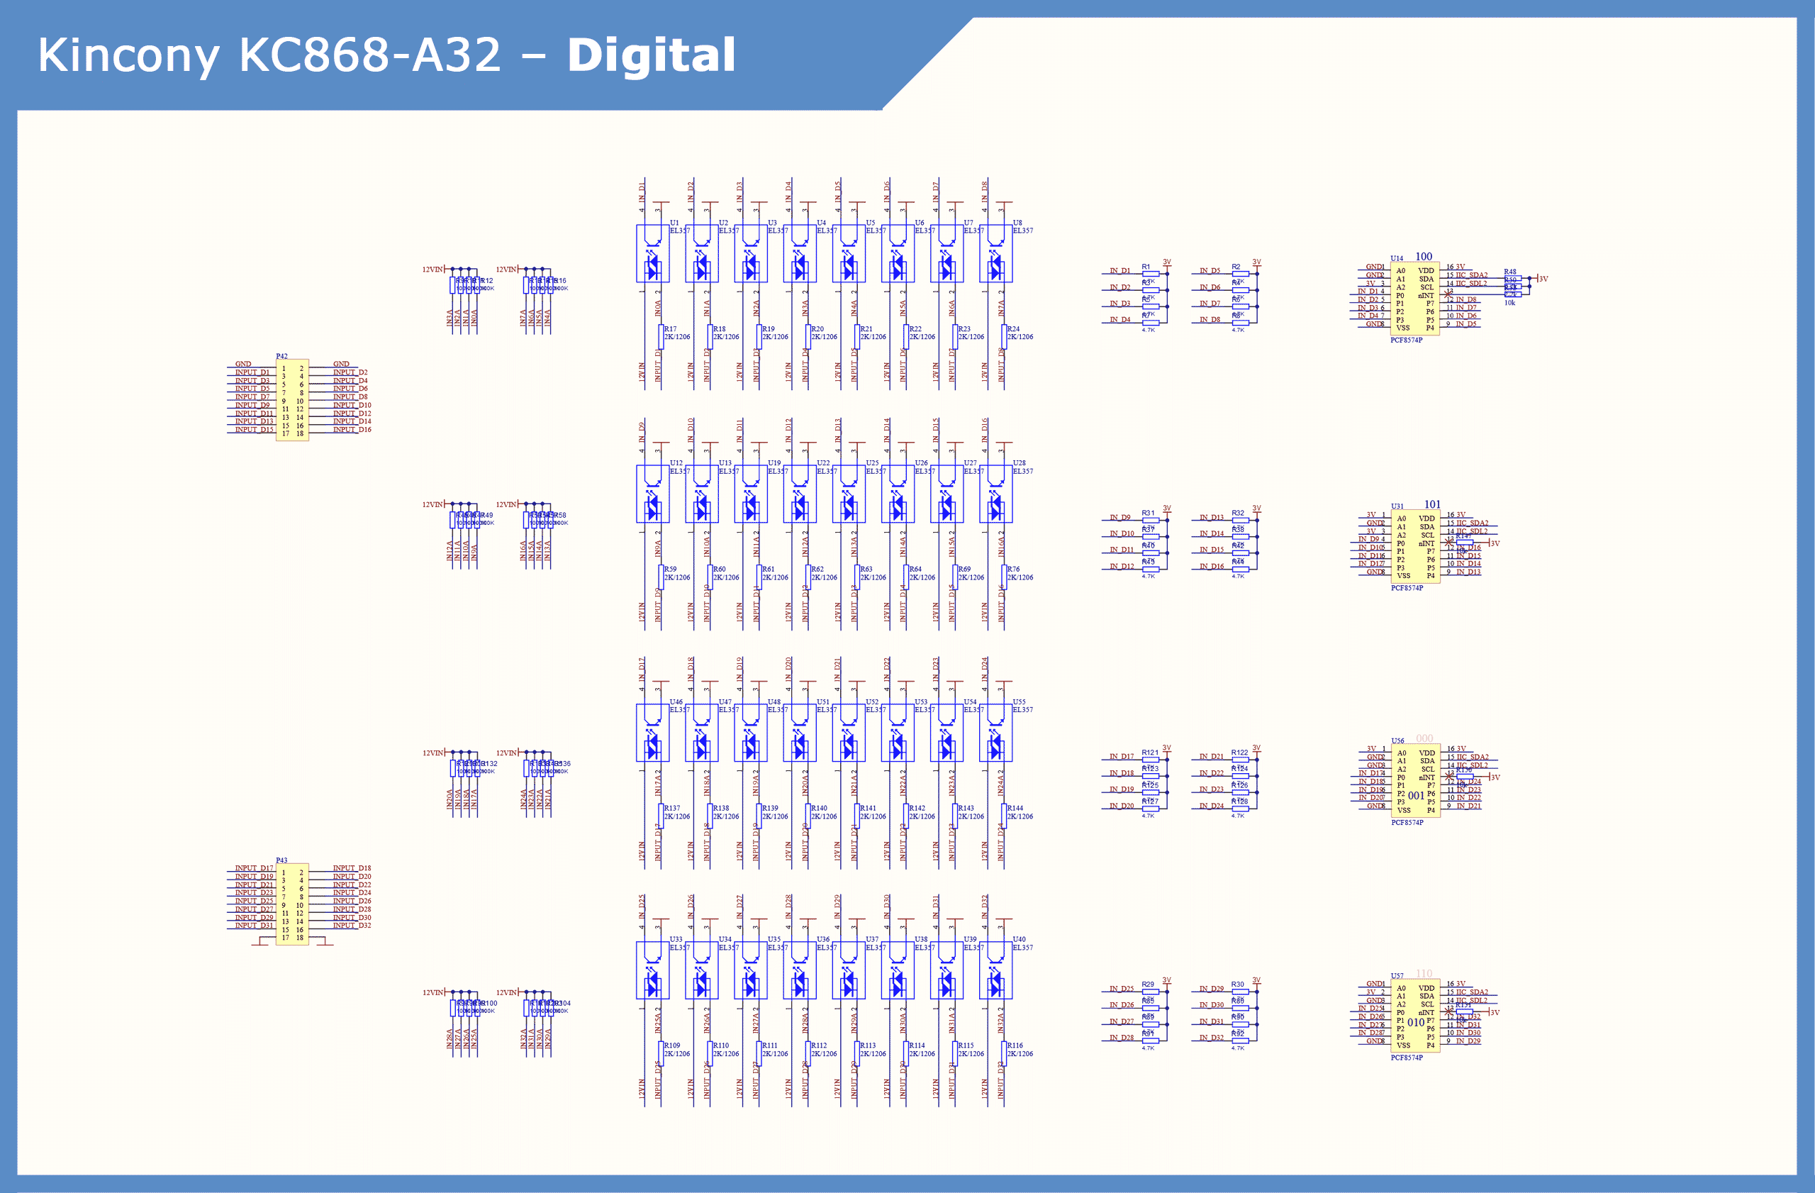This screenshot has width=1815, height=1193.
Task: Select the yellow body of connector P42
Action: pyautogui.click(x=292, y=400)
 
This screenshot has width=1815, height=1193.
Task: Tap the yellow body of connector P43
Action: pyautogui.click(x=292, y=904)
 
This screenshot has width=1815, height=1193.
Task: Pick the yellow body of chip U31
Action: pyautogui.click(x=1414, y=547)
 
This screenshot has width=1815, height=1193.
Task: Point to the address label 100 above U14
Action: pyautogui.click(x=1424, y=256)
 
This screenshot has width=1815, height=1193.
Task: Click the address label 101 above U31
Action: pyautogui.click(x=1432, y=504)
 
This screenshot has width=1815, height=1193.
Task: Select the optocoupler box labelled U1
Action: pyautogui.click(x=653, y=253)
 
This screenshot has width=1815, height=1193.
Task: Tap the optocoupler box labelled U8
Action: pyautogui.click(x=996, y=253)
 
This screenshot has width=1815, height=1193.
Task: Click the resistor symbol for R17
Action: pyautogui.click(x=660, y=336)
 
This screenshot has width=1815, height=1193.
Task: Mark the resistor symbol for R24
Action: pyautogui.click(x=1004, y=336)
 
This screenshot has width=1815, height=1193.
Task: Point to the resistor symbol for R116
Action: pyautogui.click(x=1004, y=1053)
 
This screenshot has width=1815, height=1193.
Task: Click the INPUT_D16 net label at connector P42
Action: pyautogui.click(x=352, y=429)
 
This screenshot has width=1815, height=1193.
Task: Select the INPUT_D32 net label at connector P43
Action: pyautogui.click(x=352, y=926)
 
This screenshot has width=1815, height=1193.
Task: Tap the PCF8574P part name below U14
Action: pyautogui.click(x=1406, y=340)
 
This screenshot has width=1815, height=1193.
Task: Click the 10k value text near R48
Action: pyautogui.click(x=1510, y=303)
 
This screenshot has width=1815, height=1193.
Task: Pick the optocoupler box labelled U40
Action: pyautogui.click(x=996, y=970)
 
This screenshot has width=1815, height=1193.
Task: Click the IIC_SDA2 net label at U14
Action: pyautogui.click(x=1471, y=275)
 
